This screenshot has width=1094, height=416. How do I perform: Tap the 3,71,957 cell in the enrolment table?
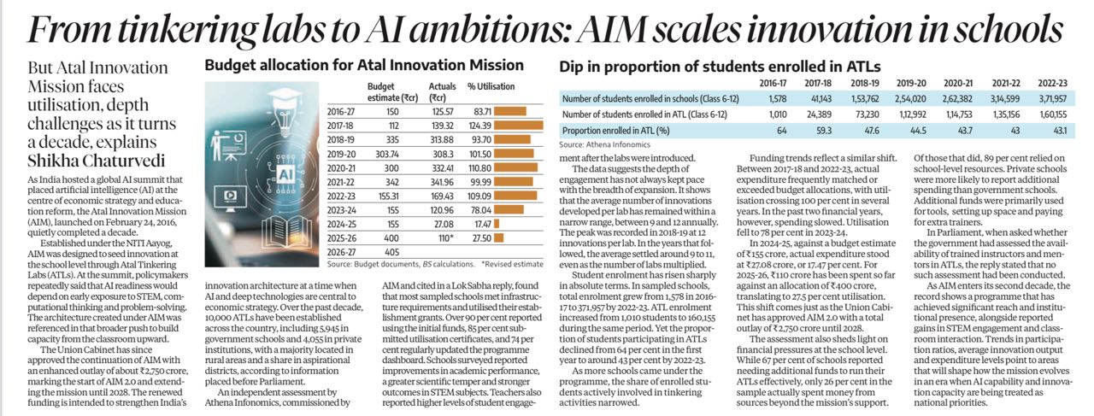[x=1050, y=98]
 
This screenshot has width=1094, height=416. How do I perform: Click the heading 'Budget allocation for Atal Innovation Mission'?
[x=365, y=65]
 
